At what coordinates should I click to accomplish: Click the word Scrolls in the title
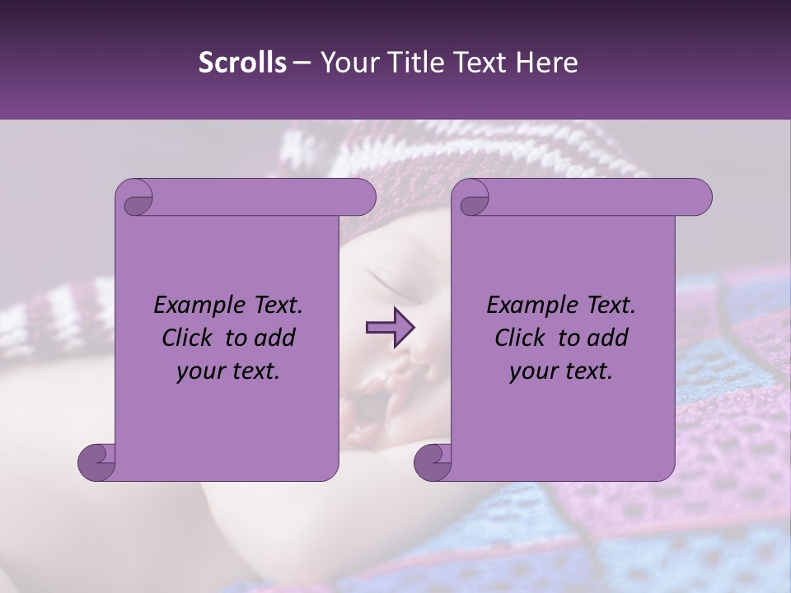242,63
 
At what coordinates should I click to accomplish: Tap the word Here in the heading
546,63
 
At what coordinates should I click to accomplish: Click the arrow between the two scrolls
390,329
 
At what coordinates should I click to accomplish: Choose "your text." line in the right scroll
561,371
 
